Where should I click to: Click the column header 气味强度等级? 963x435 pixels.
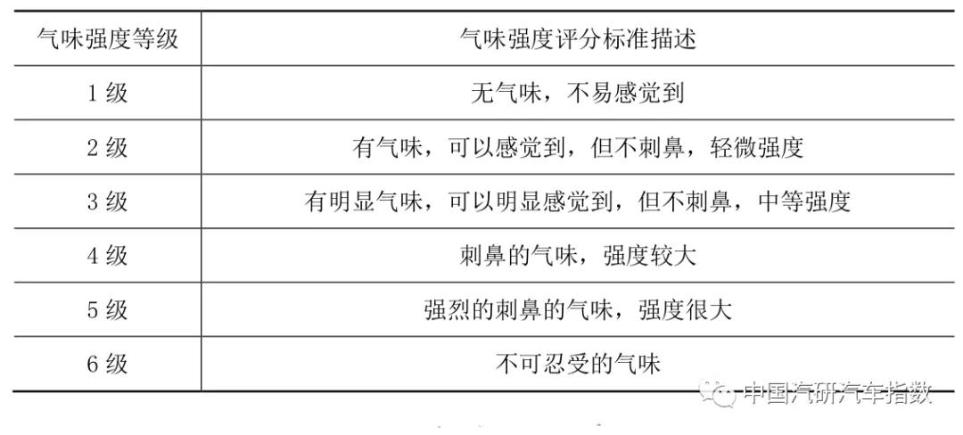(x=107, y=39)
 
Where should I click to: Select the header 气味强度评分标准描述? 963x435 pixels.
(x=577, y=39)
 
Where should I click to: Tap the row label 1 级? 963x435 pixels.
(x=107, y=93)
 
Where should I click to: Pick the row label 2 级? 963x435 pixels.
(x=107, y=147)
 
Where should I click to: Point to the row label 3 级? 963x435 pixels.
(x=107, y=201)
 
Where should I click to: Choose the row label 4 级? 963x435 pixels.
(x=107, y=256)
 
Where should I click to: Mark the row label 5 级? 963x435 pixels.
(x=107, y=310)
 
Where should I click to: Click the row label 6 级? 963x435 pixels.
(x=107, y=364)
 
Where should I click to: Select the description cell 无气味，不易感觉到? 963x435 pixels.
(x=577, y=93)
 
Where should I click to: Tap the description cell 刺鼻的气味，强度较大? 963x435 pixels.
(x=577, y=256)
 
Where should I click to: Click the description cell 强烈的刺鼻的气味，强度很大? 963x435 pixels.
(x=577, y=310)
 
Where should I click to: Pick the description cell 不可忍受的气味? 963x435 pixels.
(x=577, y=364)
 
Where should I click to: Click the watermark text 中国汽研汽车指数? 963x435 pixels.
(x=837, y=393)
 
